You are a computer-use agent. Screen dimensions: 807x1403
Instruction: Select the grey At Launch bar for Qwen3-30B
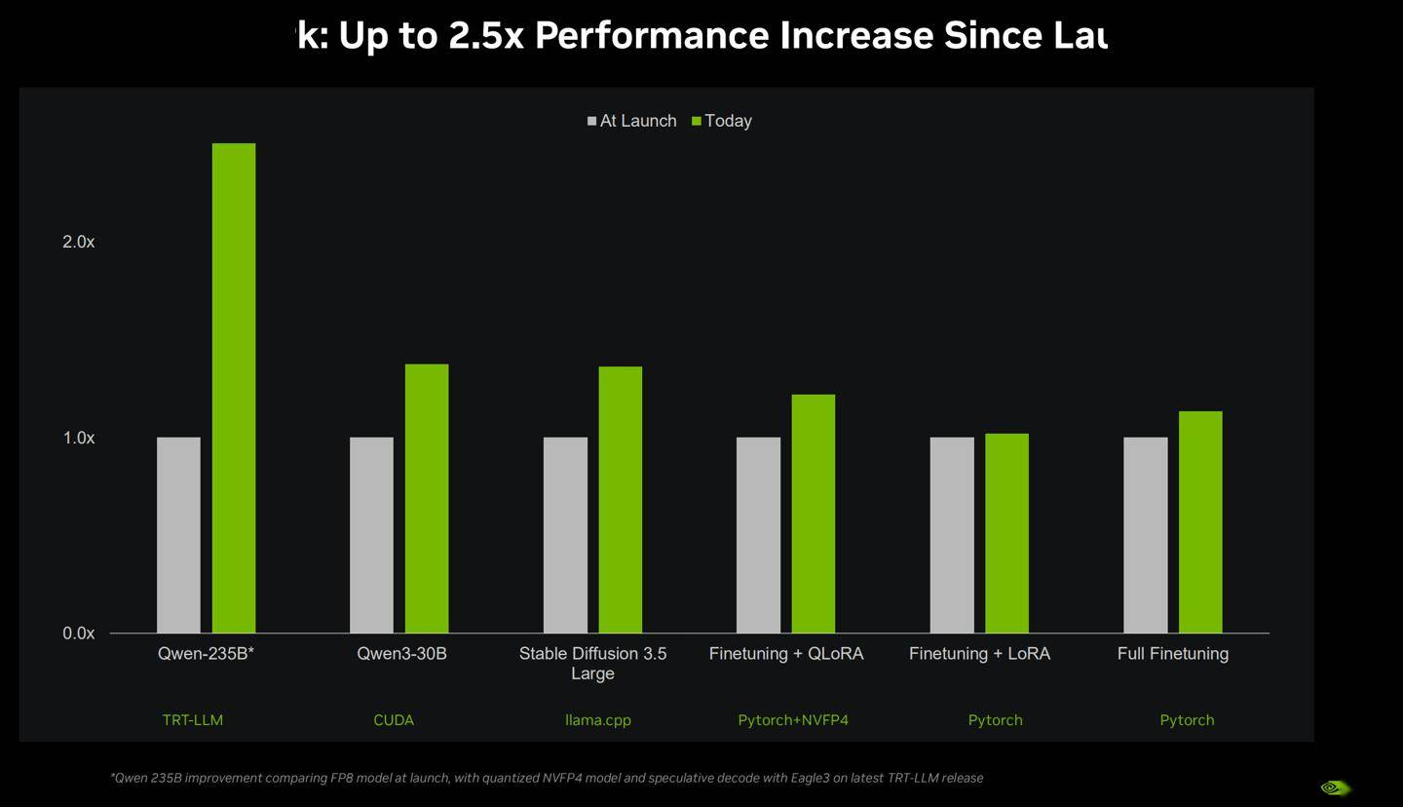tap(371, 535)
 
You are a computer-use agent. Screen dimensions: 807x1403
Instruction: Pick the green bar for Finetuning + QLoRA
tap(813, 514)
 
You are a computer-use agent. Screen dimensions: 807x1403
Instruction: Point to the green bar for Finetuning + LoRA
tap(1006, 533)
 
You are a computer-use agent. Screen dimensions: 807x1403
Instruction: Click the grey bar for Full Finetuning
tap(1145, 535)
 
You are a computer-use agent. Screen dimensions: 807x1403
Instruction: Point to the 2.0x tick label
tap(79, 242)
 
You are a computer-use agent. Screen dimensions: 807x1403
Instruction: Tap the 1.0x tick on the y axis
tap(79, 439)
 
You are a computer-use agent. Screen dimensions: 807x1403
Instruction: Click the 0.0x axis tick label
tap(79, 634)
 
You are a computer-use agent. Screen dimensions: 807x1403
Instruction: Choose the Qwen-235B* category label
tap(206, 654)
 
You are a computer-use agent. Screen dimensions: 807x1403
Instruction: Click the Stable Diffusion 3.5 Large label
tap(592, 663)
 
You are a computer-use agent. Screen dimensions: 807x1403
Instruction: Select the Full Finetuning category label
tap(1172, 654)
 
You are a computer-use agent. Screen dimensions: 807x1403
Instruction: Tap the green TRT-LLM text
tap(193, 720)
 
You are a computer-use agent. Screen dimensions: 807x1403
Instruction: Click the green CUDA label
tap(394, 720)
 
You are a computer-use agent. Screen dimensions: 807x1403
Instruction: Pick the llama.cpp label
tap(598, 720)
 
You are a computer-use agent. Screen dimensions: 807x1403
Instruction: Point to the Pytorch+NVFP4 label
tap(793, 720)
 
